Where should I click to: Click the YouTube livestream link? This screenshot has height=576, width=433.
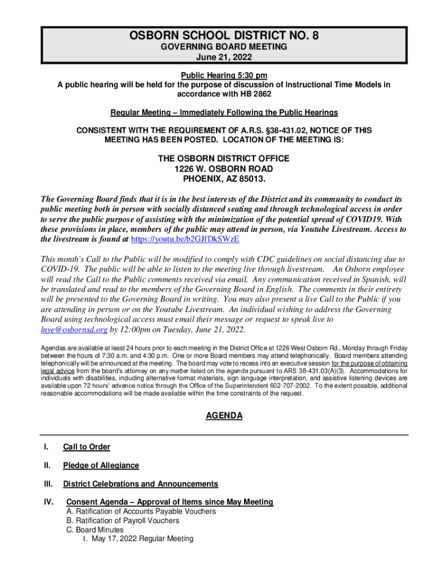click(x=185, y=239)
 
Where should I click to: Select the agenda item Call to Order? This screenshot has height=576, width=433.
click(x=87, y=447)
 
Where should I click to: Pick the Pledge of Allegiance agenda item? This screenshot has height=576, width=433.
click(x=101, y=466)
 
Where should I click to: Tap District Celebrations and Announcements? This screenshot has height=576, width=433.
click(x=141, y=484)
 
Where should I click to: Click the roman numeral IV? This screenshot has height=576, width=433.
click(x=47, y=502)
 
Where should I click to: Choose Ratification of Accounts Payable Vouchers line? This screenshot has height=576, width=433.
click(x=141, y=512)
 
